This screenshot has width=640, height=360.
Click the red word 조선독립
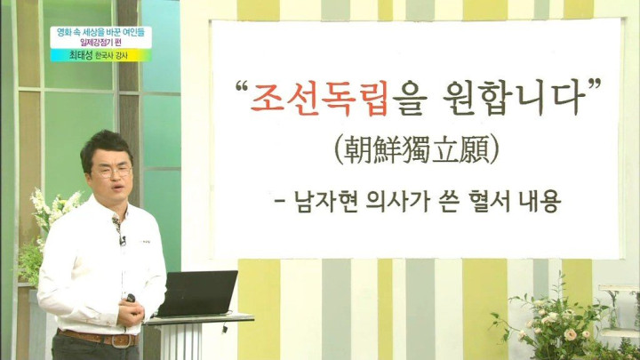(x=319, y=97)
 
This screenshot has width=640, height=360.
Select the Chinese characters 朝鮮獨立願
(x=416, y=150)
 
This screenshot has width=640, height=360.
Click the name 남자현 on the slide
(x=325, y=202)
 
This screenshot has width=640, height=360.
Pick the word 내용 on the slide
(x=540, y=202)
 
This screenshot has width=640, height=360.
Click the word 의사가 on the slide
(x=399, y=202)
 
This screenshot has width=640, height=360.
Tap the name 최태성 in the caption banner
(x=80, y=55)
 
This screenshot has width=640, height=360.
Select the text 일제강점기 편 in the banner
(x=100, y=43)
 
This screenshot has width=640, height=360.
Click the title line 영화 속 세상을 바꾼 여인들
(x=100, y=32)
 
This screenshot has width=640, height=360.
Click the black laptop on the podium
(x=197, y=293)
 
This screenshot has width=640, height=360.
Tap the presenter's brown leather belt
(x=98, y=339)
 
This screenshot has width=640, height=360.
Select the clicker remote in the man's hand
(x=131, y=299)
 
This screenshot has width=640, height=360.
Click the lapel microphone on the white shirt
(x=123, y=241)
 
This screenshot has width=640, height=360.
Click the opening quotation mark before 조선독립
(x=242, y=86)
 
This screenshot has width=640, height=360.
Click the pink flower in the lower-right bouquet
(x=570, y=335)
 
